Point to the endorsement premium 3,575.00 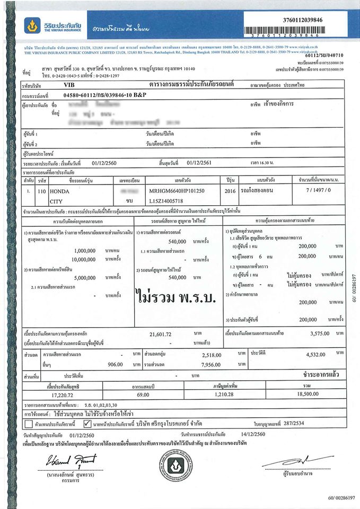click(x=322, y=335)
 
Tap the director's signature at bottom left click(x=56, y=462)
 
